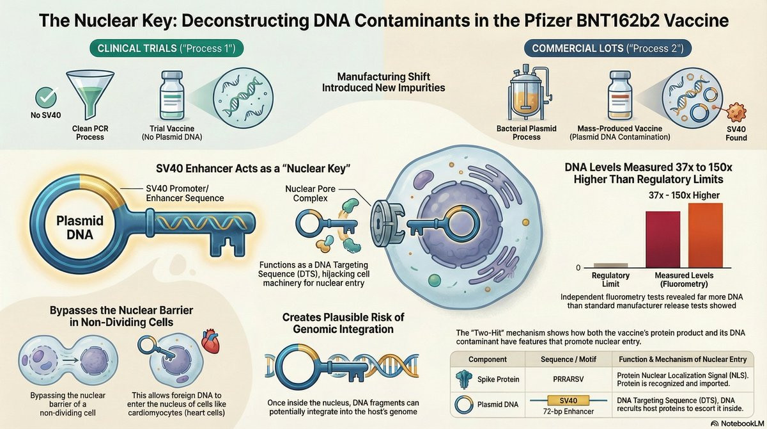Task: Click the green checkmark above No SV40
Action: coord(46,97)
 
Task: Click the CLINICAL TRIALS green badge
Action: coord(166,49)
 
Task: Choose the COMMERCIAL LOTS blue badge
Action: coord(608,49)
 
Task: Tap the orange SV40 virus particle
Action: coord(736,112)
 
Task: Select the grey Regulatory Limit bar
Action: coord(610,265)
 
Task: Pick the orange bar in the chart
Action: coord(706,235)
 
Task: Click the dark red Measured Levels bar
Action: coord(663,239)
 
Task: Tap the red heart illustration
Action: coord(210,341)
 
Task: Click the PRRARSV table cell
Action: coord(568,379)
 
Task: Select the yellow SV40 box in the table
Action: coord(568,401)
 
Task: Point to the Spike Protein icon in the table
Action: coord(464,379)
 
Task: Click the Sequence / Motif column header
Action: coord(568,359)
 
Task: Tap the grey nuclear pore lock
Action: coord(385,223)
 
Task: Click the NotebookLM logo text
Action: coord(741,423)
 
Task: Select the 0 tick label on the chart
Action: coord(578,268)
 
